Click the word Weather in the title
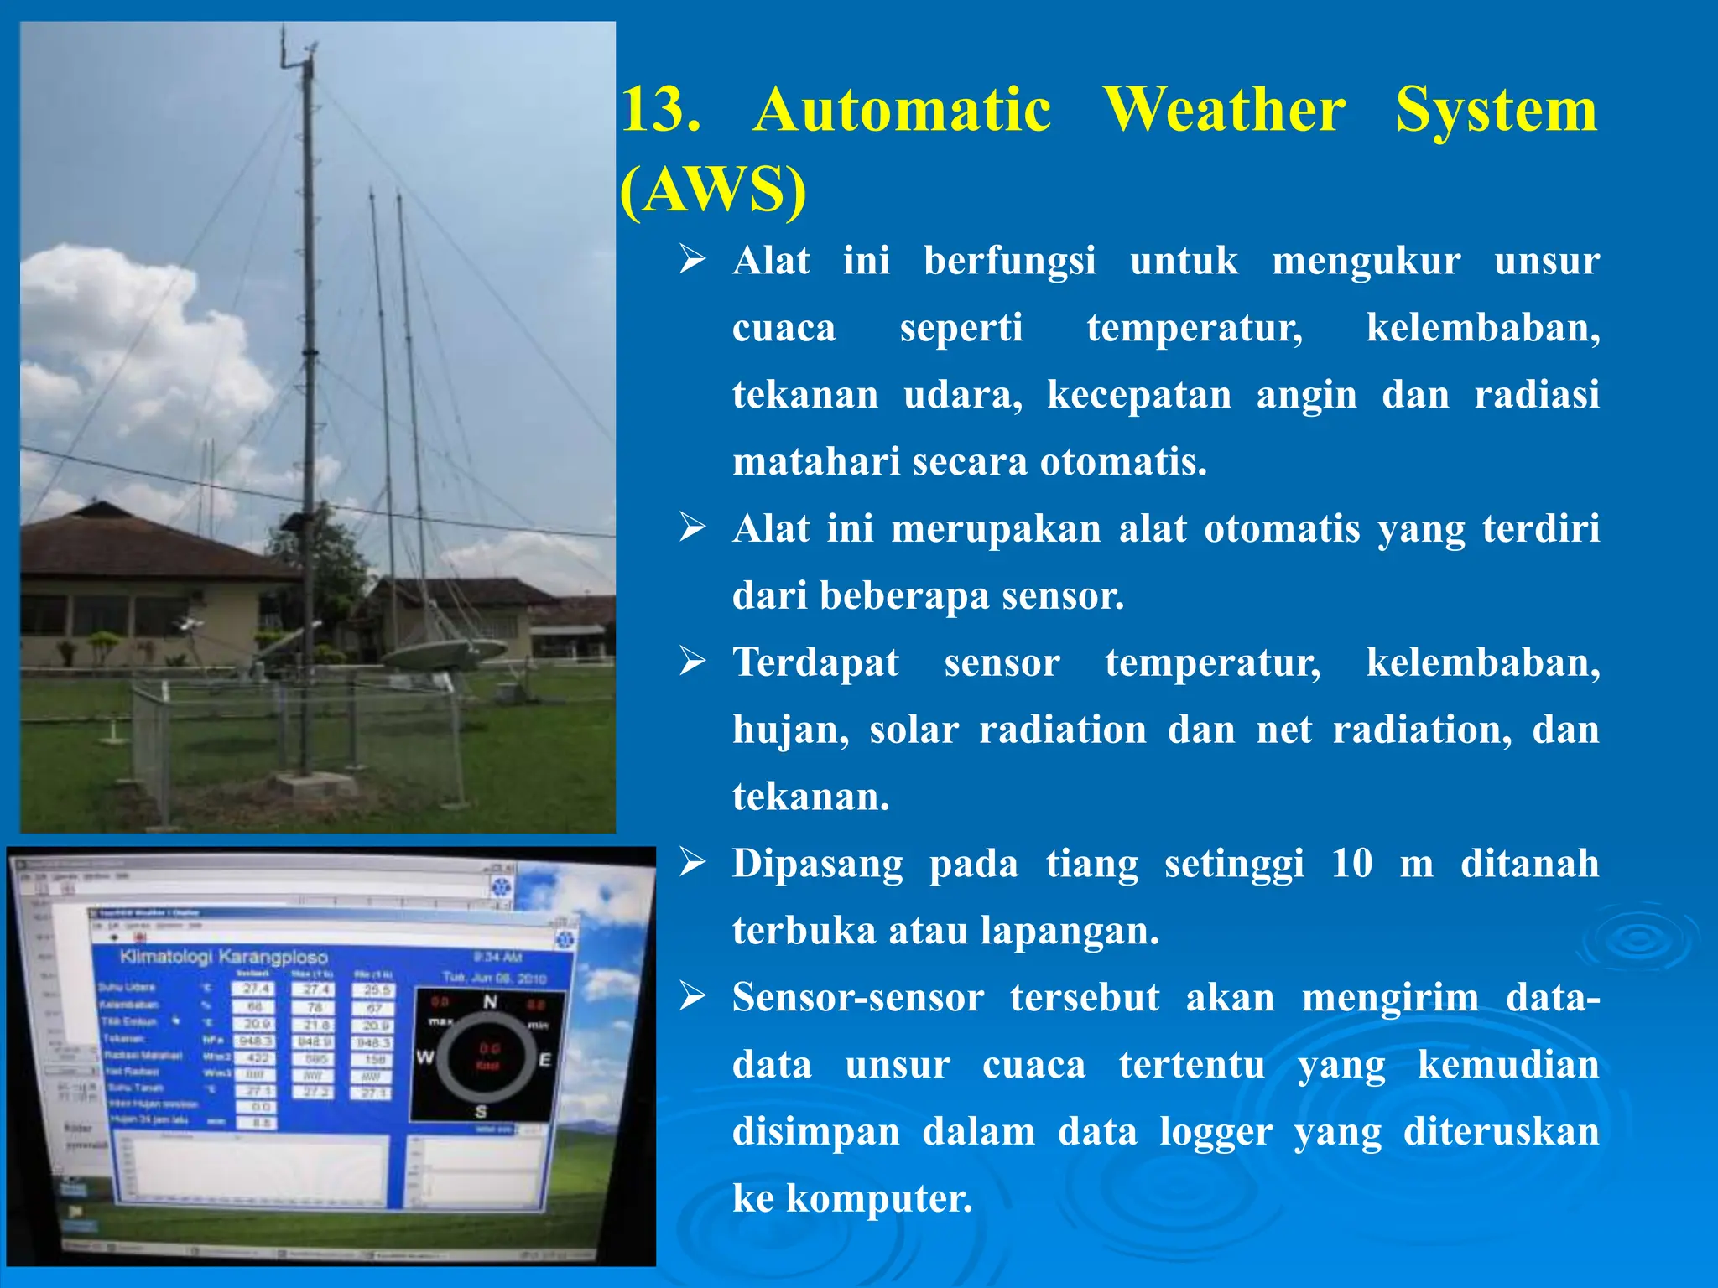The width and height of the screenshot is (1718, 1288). click(1224, 110)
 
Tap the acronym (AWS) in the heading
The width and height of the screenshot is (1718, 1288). click(713, 190)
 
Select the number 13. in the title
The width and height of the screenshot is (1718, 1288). click(660, 110)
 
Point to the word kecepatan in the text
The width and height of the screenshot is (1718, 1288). click(1138, 395)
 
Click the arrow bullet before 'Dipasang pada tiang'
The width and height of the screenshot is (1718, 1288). click(693, 862)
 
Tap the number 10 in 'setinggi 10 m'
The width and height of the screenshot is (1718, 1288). click(1351, 864)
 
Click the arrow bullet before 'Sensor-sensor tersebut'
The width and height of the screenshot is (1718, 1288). click(693, 996)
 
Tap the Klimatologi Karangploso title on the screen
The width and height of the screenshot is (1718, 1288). click(223, 957)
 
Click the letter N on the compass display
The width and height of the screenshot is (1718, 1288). click(490, 1002)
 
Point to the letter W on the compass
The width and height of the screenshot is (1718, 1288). click(424, 1057)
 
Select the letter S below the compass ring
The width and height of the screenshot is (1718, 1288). click(481, 1112)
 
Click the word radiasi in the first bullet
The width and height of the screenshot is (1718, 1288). click(1537, 395)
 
